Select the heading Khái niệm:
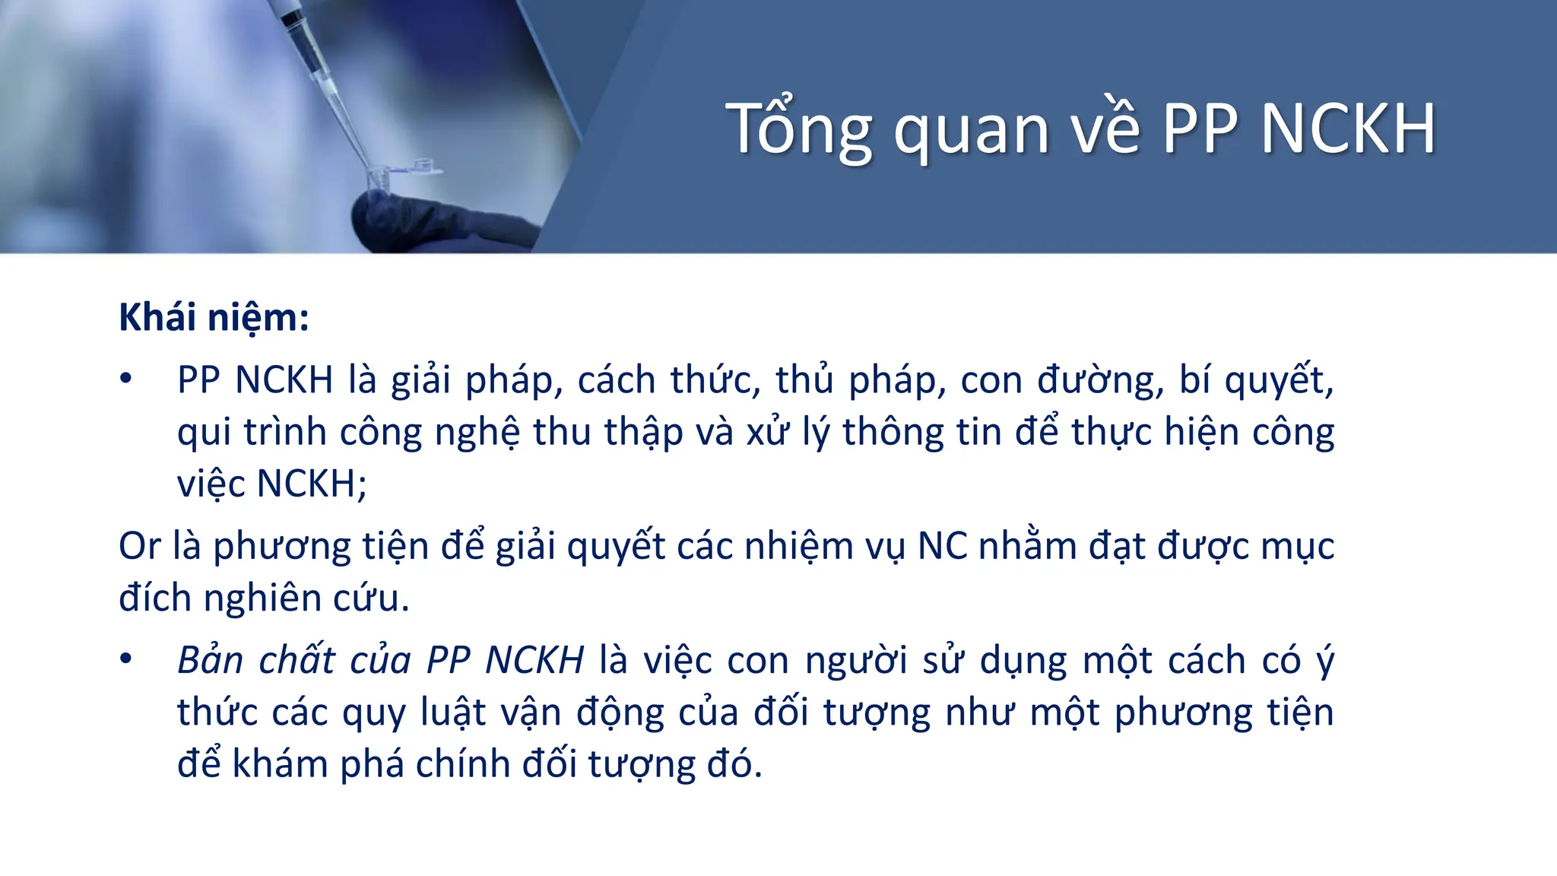click(214, 317)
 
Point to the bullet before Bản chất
click(126, 659)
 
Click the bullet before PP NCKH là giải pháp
click(126, 379)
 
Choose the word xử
click(768, 432)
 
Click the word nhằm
click(1026, 546)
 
